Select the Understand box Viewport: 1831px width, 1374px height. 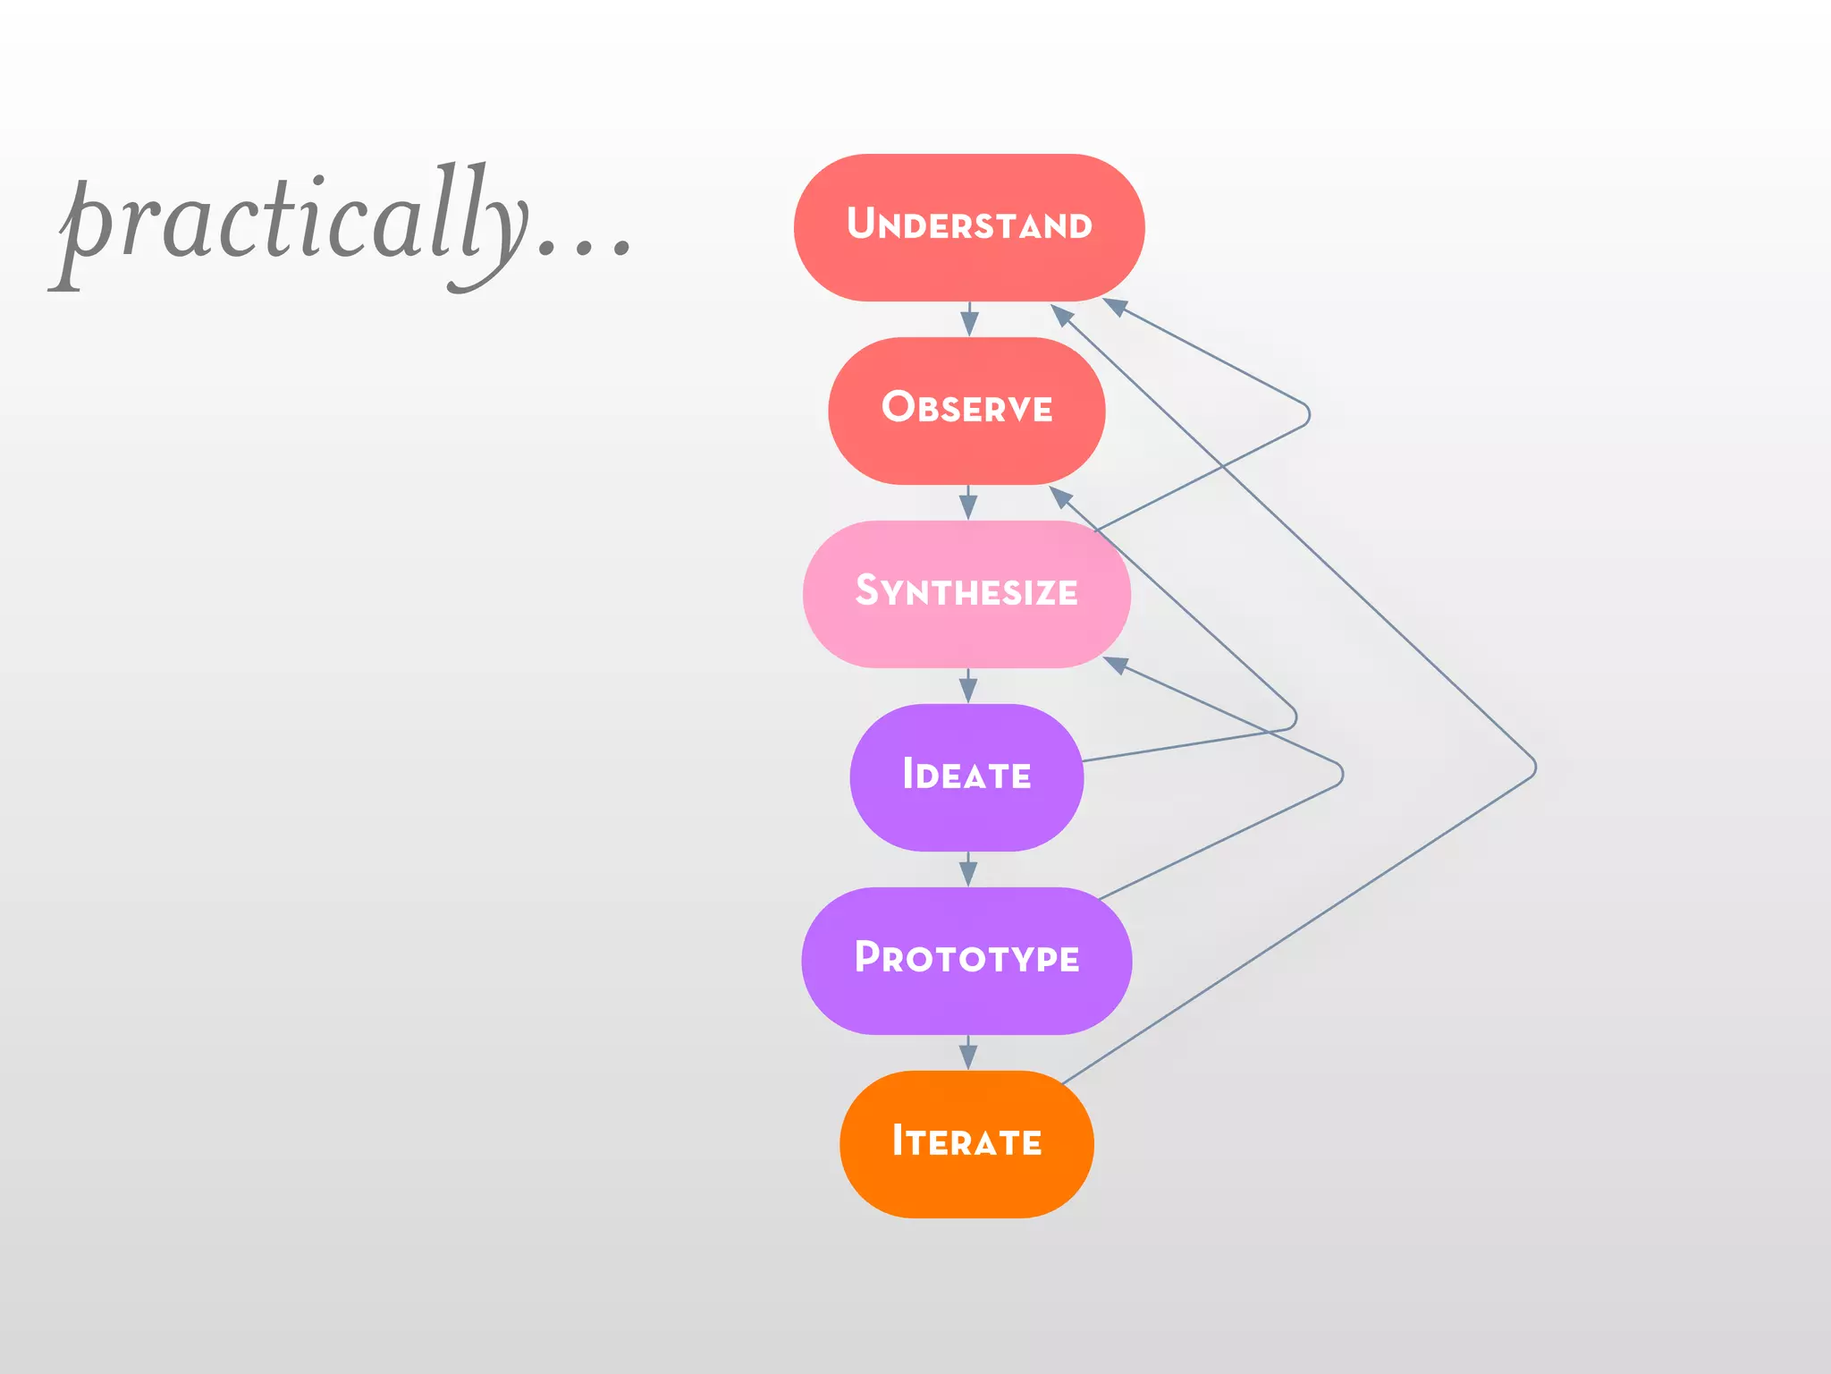pyautogui.click(x=968, y=227)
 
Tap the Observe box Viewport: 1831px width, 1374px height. pyautogui.click(x=966, y=411)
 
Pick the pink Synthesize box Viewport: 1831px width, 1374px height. pyautogui.click(x=966, y=594)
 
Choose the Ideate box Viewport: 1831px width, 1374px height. pyautogui.click(x=966, y=777)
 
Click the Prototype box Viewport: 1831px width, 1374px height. pyautogui.click(x=966, y=961)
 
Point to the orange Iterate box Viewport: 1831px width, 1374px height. pyautogui.click(x=966, y=1144)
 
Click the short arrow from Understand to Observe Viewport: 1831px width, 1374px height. pyautogui.click(x=969, y=319)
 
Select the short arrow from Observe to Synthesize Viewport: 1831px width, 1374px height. pyautogui.click(x=968, y=503)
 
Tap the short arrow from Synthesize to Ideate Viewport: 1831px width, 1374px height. pyautogui.click(x=968, y=686)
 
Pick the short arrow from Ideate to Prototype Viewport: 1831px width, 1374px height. pyautogui.click(x=968, y=869)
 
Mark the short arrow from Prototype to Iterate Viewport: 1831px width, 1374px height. pyautogui.click(x=968, y=1053)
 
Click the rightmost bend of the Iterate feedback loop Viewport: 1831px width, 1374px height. pyautogui.click(x=1534, y=768)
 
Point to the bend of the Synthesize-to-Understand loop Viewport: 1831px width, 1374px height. pyautogui.click(x=1308, y=415)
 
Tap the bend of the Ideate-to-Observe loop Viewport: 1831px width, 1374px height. pyautogui.click(x=1295, y=717)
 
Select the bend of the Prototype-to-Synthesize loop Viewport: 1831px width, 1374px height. pyautogui.click(x=1341, y=774)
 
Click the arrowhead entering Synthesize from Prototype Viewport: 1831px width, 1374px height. pyautogui.click(x=1115, y=665)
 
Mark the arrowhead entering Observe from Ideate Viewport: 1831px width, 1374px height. pyautogui.click(x=1060, y=496)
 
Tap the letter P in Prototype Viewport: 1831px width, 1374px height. pyautogui.click(x=867, y=956)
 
